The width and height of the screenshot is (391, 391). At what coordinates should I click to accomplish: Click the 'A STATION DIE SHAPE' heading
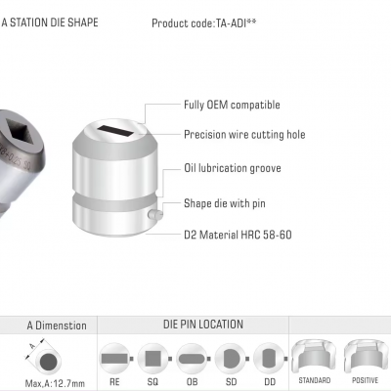pos(50,22)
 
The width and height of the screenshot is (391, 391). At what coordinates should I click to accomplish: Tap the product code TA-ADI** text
pos(204,23)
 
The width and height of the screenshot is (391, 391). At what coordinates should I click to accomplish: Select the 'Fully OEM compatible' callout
pos(232,105)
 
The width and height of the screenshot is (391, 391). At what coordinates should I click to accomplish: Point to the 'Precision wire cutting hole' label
pos(244,135)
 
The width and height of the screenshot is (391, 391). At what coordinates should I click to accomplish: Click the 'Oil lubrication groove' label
pos(233,168)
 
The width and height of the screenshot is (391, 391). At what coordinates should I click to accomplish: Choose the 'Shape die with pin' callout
pos(225,203)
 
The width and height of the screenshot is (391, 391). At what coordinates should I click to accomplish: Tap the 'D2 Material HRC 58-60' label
pos(238,235)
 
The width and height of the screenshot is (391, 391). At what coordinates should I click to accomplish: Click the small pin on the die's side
pos(155,214)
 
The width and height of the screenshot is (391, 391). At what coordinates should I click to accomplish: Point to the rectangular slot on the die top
pos(115,131)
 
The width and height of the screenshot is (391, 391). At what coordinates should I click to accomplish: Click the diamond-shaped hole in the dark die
pos(20,133)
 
